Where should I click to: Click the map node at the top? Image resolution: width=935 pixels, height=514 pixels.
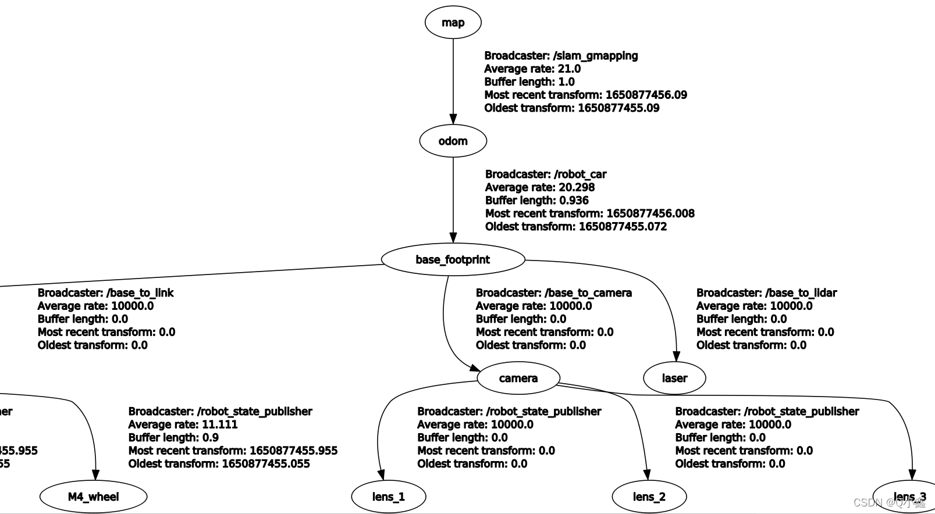[453, 23]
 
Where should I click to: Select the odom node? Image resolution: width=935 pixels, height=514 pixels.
[453, 141]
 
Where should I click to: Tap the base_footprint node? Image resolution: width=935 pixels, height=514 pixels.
[453, 259]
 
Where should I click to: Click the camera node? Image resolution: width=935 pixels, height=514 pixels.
[518, 378]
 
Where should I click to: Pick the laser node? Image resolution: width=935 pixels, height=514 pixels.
[674, 378]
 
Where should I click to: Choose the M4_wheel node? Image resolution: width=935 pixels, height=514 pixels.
[93, 497]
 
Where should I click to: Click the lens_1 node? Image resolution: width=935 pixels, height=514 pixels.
[388, 497]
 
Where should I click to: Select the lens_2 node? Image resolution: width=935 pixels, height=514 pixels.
[649, 497]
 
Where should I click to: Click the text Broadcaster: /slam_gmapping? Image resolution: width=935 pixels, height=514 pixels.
[561, 56]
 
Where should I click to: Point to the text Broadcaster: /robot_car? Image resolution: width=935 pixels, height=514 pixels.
[546, 174]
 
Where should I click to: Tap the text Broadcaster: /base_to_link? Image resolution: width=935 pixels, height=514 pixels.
[105, 293]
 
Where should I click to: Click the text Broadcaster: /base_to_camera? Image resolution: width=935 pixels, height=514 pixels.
[553, 293]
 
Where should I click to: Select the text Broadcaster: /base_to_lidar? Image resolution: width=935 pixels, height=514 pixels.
[766, 293]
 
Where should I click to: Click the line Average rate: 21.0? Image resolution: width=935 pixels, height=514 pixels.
[532, 69]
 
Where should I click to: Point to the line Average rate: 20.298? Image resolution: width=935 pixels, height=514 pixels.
[539, 187]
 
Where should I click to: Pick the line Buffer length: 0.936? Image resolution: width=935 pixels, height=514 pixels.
[536, 201]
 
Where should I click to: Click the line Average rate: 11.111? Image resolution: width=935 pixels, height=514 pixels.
[183, 424]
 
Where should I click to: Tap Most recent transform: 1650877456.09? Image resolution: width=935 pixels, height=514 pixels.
[585, 95]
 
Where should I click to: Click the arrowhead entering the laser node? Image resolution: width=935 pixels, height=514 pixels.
[676, 356]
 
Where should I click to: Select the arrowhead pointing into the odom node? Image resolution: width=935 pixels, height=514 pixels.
[453, 119]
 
